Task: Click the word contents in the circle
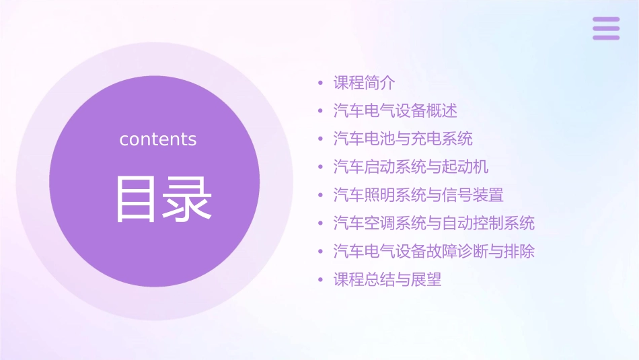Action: pyautogui.click(x=158, y=139)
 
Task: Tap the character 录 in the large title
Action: pyautogui.click(x=188, y=199)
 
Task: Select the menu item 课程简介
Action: pyautogui.click(x=364, y=83)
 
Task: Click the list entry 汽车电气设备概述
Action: pyautogui.click(x=395, y=111)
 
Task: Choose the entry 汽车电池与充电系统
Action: pyautogui.click(x=403, y=139)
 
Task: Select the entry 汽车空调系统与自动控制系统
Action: pyautogui.click(x=434, y=223)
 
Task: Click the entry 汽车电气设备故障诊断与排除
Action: pyautogui.click(x=434, y=252)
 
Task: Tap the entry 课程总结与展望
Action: pyautogui.click(x=387, y=279)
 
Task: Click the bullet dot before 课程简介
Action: pyautogui.click(x=321, y=83)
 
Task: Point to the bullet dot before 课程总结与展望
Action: pyautogui.click(x=321, y=280)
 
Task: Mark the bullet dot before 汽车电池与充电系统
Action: pyautogui.click(x=321, y=139)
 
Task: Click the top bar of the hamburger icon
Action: pyautogui.click(x=606, y=20)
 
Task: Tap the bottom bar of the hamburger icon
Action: pyautogui.click(x=606, y=38)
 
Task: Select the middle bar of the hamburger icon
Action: pyautogui.click(x=606, y=28)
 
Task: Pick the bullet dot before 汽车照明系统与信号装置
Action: pyautogui.click(x=321, y=196)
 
